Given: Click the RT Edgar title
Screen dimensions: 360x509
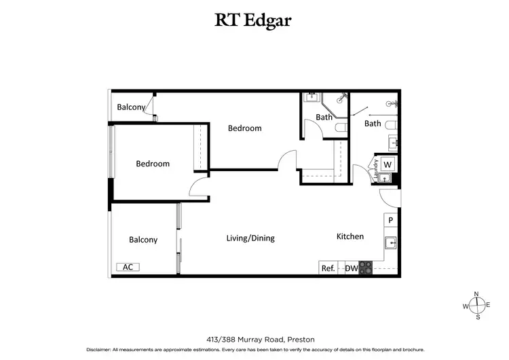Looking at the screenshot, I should pyautogui.click(x=254, y=20).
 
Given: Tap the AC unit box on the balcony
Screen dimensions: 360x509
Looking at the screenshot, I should pyautogui.click(x=128, y=267).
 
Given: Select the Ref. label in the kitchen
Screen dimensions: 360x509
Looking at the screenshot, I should pyautogui.click(x=328, y=268).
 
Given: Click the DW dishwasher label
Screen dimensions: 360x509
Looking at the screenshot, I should pyautogui.click(x=351, y=268).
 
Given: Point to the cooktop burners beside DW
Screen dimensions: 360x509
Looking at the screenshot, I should pyautogui.click(x=366, y=268).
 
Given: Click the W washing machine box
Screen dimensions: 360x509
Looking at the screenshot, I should pyautogui.click(x=388, y=164).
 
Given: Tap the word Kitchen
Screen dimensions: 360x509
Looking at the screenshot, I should pyautogui.click(x=350, y=236).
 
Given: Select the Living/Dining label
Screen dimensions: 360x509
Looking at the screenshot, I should pyautogui.click(x=250, y=238).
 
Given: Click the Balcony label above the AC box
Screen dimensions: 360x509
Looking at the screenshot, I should pyautogui.click(x=143, y=240).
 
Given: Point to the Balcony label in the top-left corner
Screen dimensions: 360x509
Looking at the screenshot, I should pyautogui.click(x=131, y=107).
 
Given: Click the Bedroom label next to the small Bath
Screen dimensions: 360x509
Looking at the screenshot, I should pyautogui.click(x=244, y=128).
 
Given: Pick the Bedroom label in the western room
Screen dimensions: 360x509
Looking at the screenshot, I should pyautogui.click(x=153, y=164).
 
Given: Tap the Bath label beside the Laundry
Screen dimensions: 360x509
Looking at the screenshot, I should pyautogui.click(x=373, y=124).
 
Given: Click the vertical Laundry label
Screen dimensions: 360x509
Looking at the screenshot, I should pyautogui.click(x=375, y=170).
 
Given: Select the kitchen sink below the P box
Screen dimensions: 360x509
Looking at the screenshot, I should pyautogui.click(x=391, y=242).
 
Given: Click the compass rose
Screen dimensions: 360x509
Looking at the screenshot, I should pyautogui.click(x=476, y=305).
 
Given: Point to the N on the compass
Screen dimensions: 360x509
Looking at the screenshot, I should pyautogui.click(x=476, y=293).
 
